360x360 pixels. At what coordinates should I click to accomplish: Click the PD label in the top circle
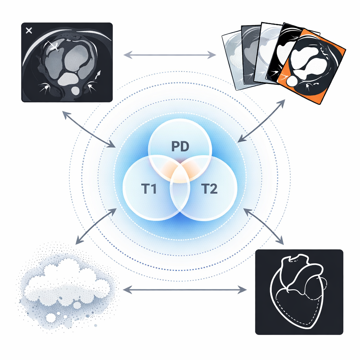tap(180, 146)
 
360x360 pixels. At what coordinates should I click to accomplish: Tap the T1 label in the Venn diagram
tap(149, 189)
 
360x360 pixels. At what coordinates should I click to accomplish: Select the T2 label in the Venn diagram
tap(209, 189)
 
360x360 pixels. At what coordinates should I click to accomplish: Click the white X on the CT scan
tap(29, 31)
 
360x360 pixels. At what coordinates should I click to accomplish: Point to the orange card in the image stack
tap(311, 66)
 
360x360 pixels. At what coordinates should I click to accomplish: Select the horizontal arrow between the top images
tap(170, 55)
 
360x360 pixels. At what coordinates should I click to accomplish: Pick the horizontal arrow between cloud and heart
tap(185, 290)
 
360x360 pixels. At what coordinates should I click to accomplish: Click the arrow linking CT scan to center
tap(89, 129)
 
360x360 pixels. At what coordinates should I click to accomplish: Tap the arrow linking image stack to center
tap(261, 121)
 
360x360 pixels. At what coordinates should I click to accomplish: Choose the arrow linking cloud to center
tap(96, 226)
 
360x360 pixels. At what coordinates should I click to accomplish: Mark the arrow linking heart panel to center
tap(264, 226)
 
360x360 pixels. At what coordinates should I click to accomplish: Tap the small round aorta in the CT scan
tap(76, 90)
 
